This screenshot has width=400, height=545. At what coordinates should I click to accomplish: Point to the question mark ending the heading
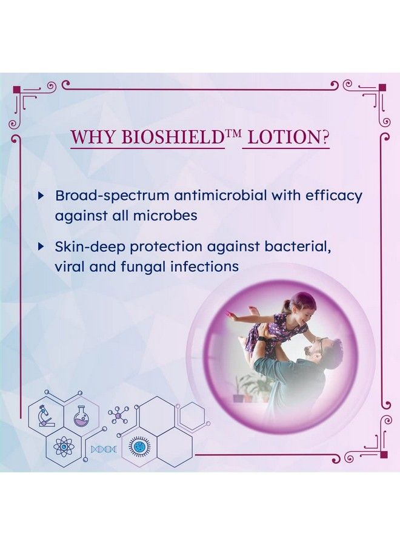(x=325, y=137)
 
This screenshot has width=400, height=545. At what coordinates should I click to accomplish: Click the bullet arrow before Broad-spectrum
(x=41, y=196)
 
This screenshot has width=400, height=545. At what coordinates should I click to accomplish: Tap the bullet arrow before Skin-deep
(x=41, y=246)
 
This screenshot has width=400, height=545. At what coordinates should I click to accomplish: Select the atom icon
(x=64, y=448)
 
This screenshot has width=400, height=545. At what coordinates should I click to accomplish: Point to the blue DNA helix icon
(x=104, y=449)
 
